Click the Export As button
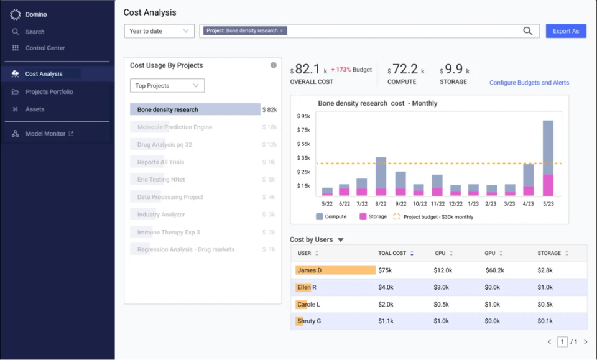point(565,31)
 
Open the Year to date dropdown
point(159,31)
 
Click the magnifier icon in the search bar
point(527,31)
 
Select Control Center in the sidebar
point(45,48)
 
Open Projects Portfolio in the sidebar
point(49,91)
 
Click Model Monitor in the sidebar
point(45,134)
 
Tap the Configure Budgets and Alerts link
point(529,83)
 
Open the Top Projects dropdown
point(167,86)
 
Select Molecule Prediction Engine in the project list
point(175,127)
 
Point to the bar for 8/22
point(381,177)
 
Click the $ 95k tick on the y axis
point(303,116)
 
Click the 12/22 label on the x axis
point(455,203)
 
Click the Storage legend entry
point(373,217)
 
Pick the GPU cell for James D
point(496,270)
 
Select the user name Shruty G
point(309,321)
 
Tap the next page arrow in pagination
point(585,342)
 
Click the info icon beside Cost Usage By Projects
point(273,65)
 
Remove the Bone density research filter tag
point(281,30)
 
